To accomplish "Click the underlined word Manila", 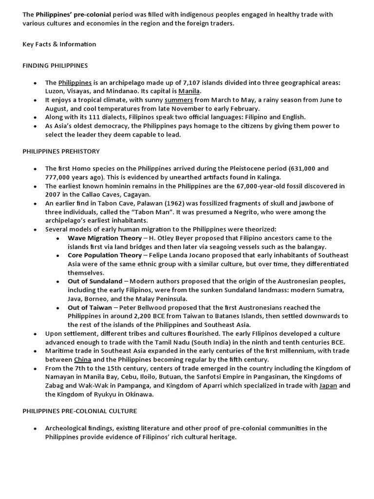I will click(189, 91).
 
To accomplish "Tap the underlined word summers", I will click(179, 99).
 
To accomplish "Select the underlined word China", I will click(82, 359).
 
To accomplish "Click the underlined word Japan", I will click(328, 385).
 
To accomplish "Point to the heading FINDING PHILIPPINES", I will click(55, 65).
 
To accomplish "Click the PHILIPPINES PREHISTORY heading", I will click(61, 151).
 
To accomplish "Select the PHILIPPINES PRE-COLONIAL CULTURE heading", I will click(80, 411).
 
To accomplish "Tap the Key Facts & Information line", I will click(59, 44).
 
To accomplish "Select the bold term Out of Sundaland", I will click(95, 281).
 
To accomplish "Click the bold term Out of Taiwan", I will click(89, 307).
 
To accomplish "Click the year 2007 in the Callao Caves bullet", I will click(54, 194).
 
